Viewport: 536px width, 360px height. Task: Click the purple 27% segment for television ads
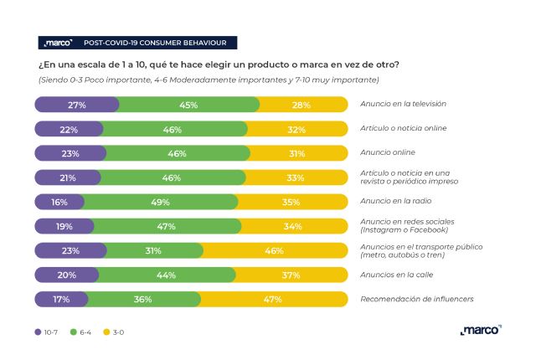[x=77, y=105]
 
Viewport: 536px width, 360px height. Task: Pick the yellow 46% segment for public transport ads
[x=274, y=250]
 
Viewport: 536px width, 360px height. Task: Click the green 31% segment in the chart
[x=152, y=250]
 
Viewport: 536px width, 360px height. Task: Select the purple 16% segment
[x=59, y=202]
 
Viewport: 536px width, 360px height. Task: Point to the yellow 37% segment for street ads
[x=291, y=275]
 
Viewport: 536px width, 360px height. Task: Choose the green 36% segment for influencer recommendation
[x=143, y=299]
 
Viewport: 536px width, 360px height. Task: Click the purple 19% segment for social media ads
[x=64, y=226]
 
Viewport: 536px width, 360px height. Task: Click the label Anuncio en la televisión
[x=402, y=105]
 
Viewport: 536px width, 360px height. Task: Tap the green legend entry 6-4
[x=83, y=332]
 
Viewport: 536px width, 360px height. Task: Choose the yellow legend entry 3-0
[x=122, y=332]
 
